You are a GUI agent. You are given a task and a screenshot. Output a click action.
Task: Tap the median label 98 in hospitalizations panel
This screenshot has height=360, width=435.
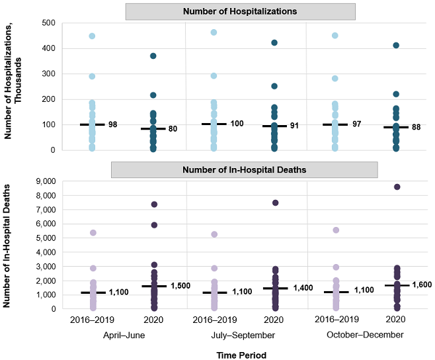(113, 124)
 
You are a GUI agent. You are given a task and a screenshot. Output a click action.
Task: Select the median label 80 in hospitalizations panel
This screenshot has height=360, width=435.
(173, 129)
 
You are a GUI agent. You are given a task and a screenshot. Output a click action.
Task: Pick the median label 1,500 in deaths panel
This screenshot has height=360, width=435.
(180, 286)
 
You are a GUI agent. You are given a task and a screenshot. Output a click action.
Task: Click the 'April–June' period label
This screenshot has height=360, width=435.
(124, 336)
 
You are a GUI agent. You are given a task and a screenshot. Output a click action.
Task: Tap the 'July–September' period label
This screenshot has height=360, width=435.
(243, 336)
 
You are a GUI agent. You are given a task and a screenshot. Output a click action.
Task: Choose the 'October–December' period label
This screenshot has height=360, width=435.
(365, 336)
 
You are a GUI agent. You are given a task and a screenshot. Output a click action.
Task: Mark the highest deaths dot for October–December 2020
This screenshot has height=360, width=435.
(396, 187)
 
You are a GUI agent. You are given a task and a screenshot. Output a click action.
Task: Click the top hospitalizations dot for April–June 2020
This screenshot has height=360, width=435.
(153, 56)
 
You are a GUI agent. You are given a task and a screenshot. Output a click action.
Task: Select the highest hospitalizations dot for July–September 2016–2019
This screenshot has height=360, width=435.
(214, 32)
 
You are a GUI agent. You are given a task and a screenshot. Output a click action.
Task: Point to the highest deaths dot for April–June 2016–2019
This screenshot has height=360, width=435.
(93, 233)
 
